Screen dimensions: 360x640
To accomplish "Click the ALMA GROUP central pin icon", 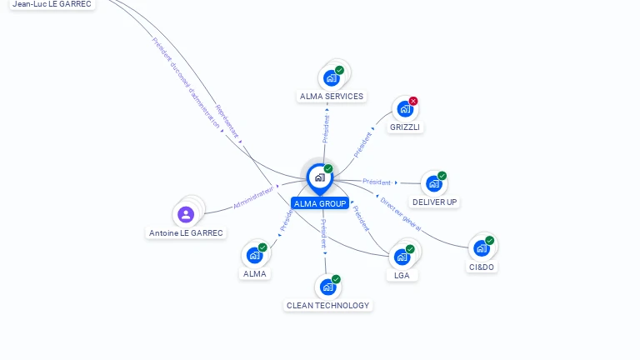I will [319, 177].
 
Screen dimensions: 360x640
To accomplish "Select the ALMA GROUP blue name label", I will [320, 203].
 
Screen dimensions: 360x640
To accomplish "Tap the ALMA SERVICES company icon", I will [332, 78].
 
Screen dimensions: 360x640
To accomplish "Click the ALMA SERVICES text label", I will [332, 97].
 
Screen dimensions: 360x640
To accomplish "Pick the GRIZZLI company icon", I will [405, 109].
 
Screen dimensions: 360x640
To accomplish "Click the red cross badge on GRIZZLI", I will [413, 101].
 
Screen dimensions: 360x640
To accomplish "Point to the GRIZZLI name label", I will [405, 127].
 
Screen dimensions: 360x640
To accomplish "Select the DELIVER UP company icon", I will [433, 183].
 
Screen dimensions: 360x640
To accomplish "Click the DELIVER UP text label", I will [434, 202].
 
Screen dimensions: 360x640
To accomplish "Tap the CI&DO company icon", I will [481, 248].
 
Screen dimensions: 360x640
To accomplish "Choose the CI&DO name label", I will [482, 267].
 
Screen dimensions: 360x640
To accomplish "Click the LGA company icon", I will [402, 257].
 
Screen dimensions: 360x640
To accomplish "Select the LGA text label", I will [402, 275].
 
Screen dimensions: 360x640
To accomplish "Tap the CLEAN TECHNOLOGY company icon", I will [327, 287].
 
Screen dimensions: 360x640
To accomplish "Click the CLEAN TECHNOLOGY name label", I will [327, 305].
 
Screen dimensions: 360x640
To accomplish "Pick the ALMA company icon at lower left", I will [254, 255].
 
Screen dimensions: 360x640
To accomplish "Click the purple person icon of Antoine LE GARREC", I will [186, 215].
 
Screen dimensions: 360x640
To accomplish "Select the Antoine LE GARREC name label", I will [186, 233].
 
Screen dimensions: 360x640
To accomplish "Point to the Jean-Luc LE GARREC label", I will [52, 4].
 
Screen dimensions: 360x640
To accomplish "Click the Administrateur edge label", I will [253, 197].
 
